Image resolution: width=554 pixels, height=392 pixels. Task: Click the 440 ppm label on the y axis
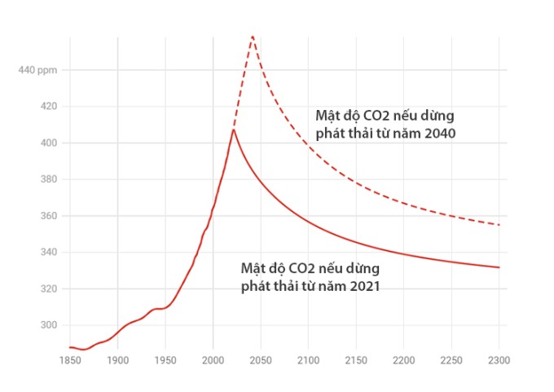(x=37, y=70)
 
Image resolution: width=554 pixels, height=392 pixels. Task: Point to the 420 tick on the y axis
(x=48, y=106)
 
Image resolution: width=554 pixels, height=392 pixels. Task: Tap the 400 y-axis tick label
(x=48, y=143)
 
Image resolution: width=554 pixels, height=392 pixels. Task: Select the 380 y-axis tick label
(x=48, y=179)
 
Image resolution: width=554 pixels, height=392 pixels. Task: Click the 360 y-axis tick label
(x=48, y=216)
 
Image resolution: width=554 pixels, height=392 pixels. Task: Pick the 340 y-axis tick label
(x=48, y=253)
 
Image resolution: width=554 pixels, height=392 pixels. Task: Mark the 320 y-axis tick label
(x=48, y=288)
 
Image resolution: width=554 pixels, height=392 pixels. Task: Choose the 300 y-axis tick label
(x=48, y=325)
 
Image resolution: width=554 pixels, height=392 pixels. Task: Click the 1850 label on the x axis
(x=70, y=359)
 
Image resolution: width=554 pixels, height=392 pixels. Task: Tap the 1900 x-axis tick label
(x=117, y=359)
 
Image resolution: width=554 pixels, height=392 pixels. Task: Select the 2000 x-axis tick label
(x=213, y=359)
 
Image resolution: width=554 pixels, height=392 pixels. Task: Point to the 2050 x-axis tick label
(x=261, y=359)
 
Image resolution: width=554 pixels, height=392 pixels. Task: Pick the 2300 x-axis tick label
(x=499, y=359)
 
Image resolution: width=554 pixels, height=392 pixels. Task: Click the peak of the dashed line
(x=253, y=36)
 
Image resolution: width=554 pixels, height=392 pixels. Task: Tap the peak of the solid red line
(x=234, y=130)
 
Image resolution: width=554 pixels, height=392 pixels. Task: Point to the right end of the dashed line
(x=499, y=225)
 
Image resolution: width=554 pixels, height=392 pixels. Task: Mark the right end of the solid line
(x=499, y=267)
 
